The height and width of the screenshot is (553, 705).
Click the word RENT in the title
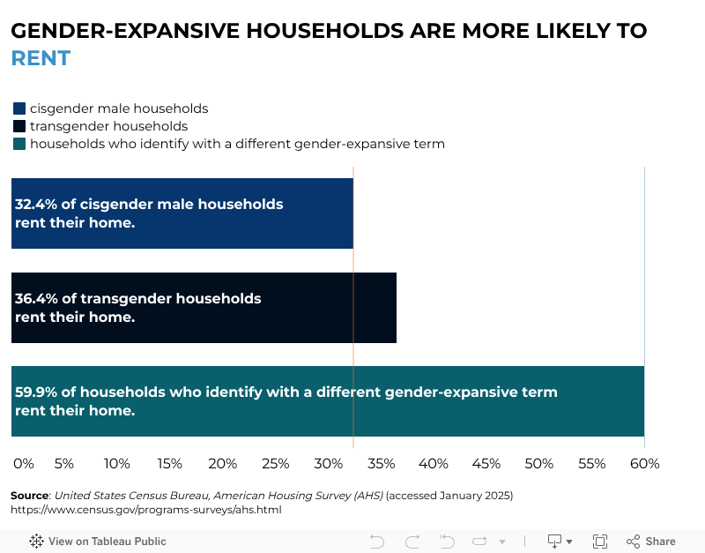(41, 59)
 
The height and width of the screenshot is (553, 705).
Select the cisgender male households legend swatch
(19, 108)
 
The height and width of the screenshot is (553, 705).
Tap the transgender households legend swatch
(19, 126)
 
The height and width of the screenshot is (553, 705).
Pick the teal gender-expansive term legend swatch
(19, 144)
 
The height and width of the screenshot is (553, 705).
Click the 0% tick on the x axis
(24, 463)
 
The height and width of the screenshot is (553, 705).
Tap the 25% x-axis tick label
(276, 463)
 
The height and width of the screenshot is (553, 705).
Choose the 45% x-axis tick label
(486, 463)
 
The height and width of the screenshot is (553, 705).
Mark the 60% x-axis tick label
(644, 463)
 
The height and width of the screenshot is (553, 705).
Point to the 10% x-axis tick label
(117, 463)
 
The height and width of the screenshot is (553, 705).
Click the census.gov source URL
(145, 510)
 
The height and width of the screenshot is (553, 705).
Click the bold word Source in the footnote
(29, 496)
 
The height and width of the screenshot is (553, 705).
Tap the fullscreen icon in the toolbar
(600, 542)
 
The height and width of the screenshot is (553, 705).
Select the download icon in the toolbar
(556, 541)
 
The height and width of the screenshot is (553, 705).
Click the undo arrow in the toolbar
(377, 542)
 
